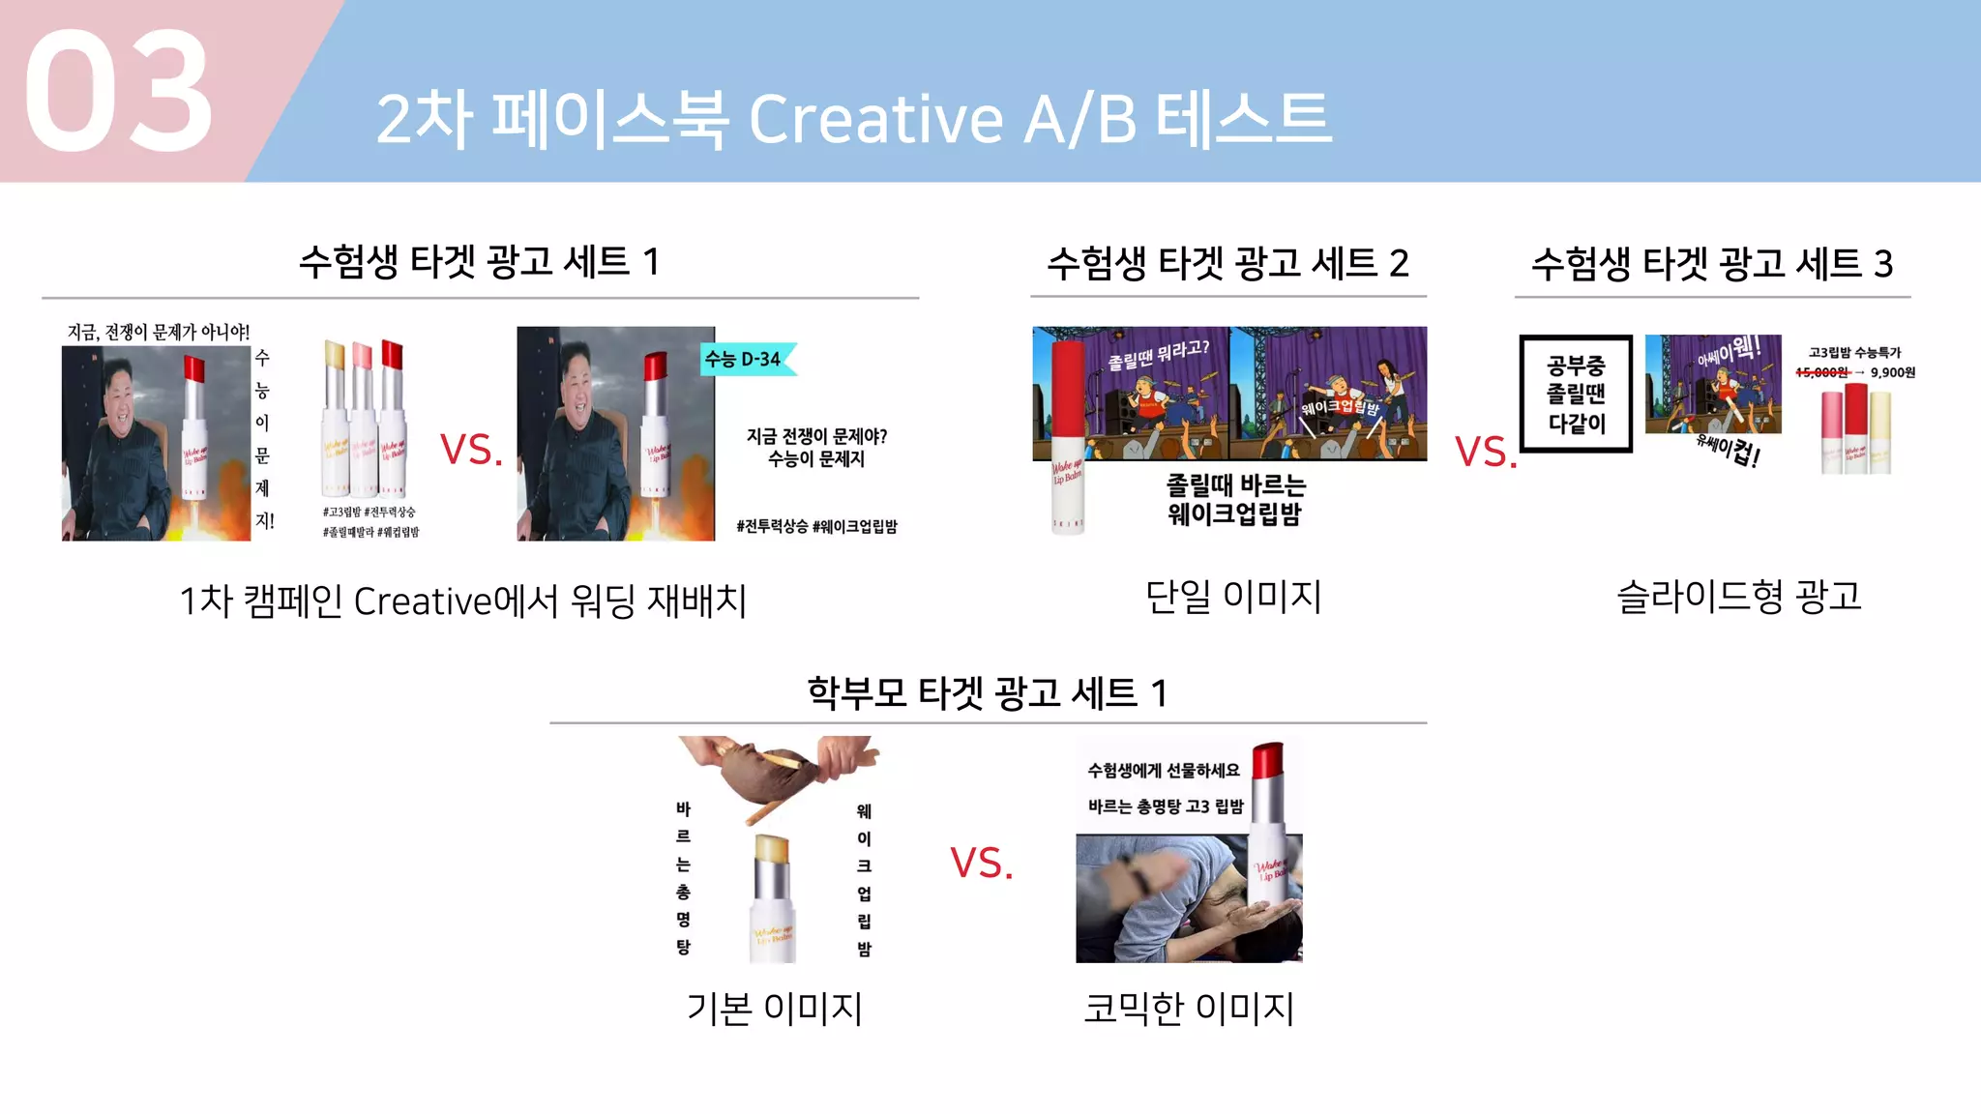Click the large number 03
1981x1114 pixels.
pyautogui.click(x=118, y=91)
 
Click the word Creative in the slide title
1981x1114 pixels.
pyautogui.click(x=874, y=120)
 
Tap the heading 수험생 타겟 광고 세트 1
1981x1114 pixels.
pyautogui.click(x=479, y=261)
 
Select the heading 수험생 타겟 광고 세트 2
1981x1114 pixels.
pyautogui.click(x=1227, y=263)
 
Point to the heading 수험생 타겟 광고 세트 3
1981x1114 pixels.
pyautogui.click(x=1711, y=263)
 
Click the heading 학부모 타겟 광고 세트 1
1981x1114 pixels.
pyautogui.click(x=988, y=692)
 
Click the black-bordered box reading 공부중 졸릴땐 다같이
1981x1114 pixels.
pyautogui.click(x=1576, y=394)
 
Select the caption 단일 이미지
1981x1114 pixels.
pyautogui.click(x=1233, y=596)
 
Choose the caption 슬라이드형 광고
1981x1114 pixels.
pyautogui.click(x=1738, y=596)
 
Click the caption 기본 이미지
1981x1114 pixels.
pyautogui.click(x=774, y=1008)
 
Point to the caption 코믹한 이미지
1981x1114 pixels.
pyautogui.click(x=1189, y=1008)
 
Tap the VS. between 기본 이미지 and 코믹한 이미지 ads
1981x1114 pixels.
pyautogui.click(x=981, y=863)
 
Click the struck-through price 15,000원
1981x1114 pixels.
pyautogui.click(x=1821, y=372)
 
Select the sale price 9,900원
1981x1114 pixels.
pyautogui.click(x=1892, y=372)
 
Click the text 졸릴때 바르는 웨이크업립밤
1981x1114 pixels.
pyautogui.click(x=1234, y=499)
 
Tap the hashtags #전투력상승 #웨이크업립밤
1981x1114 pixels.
pyautogui.click(x=816, y=526)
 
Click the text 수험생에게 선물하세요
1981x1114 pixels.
pyautogui.click(x=1164, y=770)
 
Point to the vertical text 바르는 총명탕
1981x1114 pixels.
pyautogui.click(x=683, y=878)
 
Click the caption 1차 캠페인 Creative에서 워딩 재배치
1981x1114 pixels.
pyautogui.click(x=463, y=601)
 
